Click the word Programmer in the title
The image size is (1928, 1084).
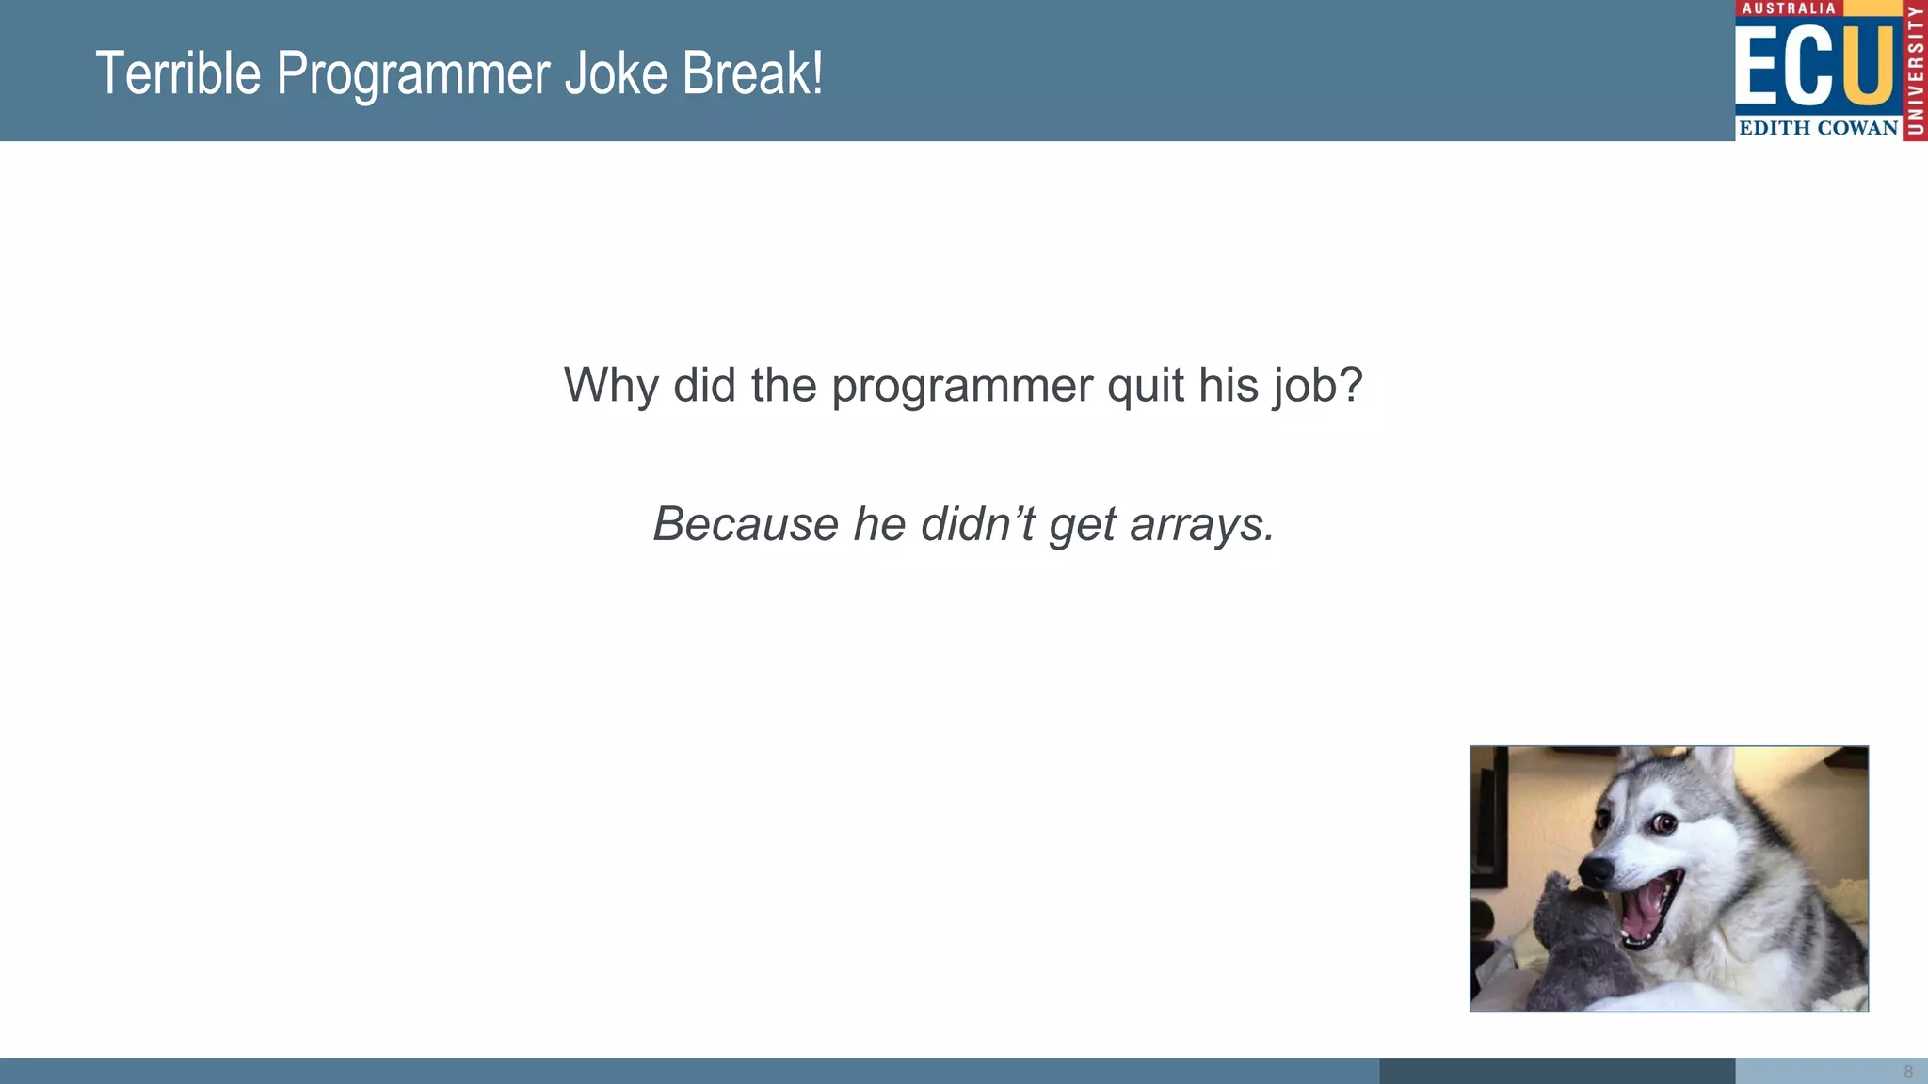[412, 75]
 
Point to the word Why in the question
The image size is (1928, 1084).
[610, 385]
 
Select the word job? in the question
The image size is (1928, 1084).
[1318, 387]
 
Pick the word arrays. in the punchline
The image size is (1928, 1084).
[1202, 526]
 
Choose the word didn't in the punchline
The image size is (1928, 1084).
[977, 524]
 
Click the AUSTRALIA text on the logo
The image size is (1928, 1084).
[1789, 8]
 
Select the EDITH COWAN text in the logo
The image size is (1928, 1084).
[1818, 128]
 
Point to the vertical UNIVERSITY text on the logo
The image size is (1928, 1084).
[1915, 71]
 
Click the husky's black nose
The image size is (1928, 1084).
[1597, 870]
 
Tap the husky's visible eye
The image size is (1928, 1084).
[1663, 825]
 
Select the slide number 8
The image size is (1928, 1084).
[1908, 1072]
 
